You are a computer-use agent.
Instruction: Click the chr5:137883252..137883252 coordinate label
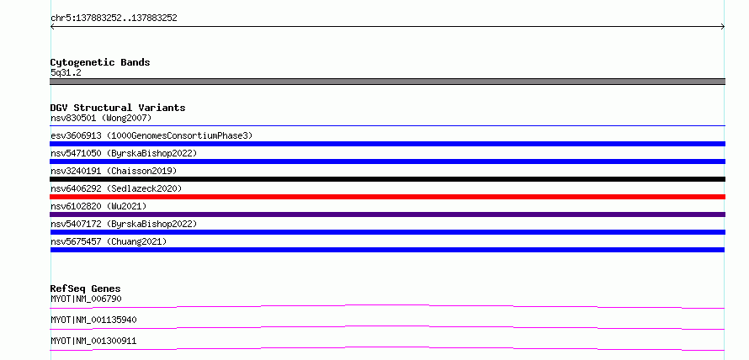click(x=114, y=19)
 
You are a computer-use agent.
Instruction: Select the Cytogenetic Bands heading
click(x=100, y=62)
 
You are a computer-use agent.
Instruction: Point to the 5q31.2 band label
click(x=66, y=72)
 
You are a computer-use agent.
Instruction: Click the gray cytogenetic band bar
click(x=387, y=82)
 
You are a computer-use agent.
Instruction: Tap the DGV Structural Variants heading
click(x=118, y=108)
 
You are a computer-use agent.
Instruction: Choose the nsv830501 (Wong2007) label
click(x=101, y=118)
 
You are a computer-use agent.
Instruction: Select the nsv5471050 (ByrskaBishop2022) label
click(x=124, y=153)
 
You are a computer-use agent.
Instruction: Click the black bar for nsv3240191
click(x=387, y=179)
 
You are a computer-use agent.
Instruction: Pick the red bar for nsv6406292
click(x=387, y=197)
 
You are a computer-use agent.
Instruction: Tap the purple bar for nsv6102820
click(x=387, y=214)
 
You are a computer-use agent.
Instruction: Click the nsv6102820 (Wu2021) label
click(x=98, y=206)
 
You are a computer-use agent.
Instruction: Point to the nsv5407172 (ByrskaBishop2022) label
click(x=124, y=224)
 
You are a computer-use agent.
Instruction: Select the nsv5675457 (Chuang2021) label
click(x=109, y=241)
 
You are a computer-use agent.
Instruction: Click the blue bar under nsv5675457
click(x=387, y=250)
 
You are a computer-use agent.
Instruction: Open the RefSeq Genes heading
click(x=86, y=289)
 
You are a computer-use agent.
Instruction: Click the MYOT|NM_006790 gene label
click(x=86, y=299)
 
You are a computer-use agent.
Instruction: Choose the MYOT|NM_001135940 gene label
click(x=93, y=320)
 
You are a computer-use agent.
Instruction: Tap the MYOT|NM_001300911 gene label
click(x=93, y=341)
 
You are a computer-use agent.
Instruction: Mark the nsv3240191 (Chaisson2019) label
click(x=114, y=171)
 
